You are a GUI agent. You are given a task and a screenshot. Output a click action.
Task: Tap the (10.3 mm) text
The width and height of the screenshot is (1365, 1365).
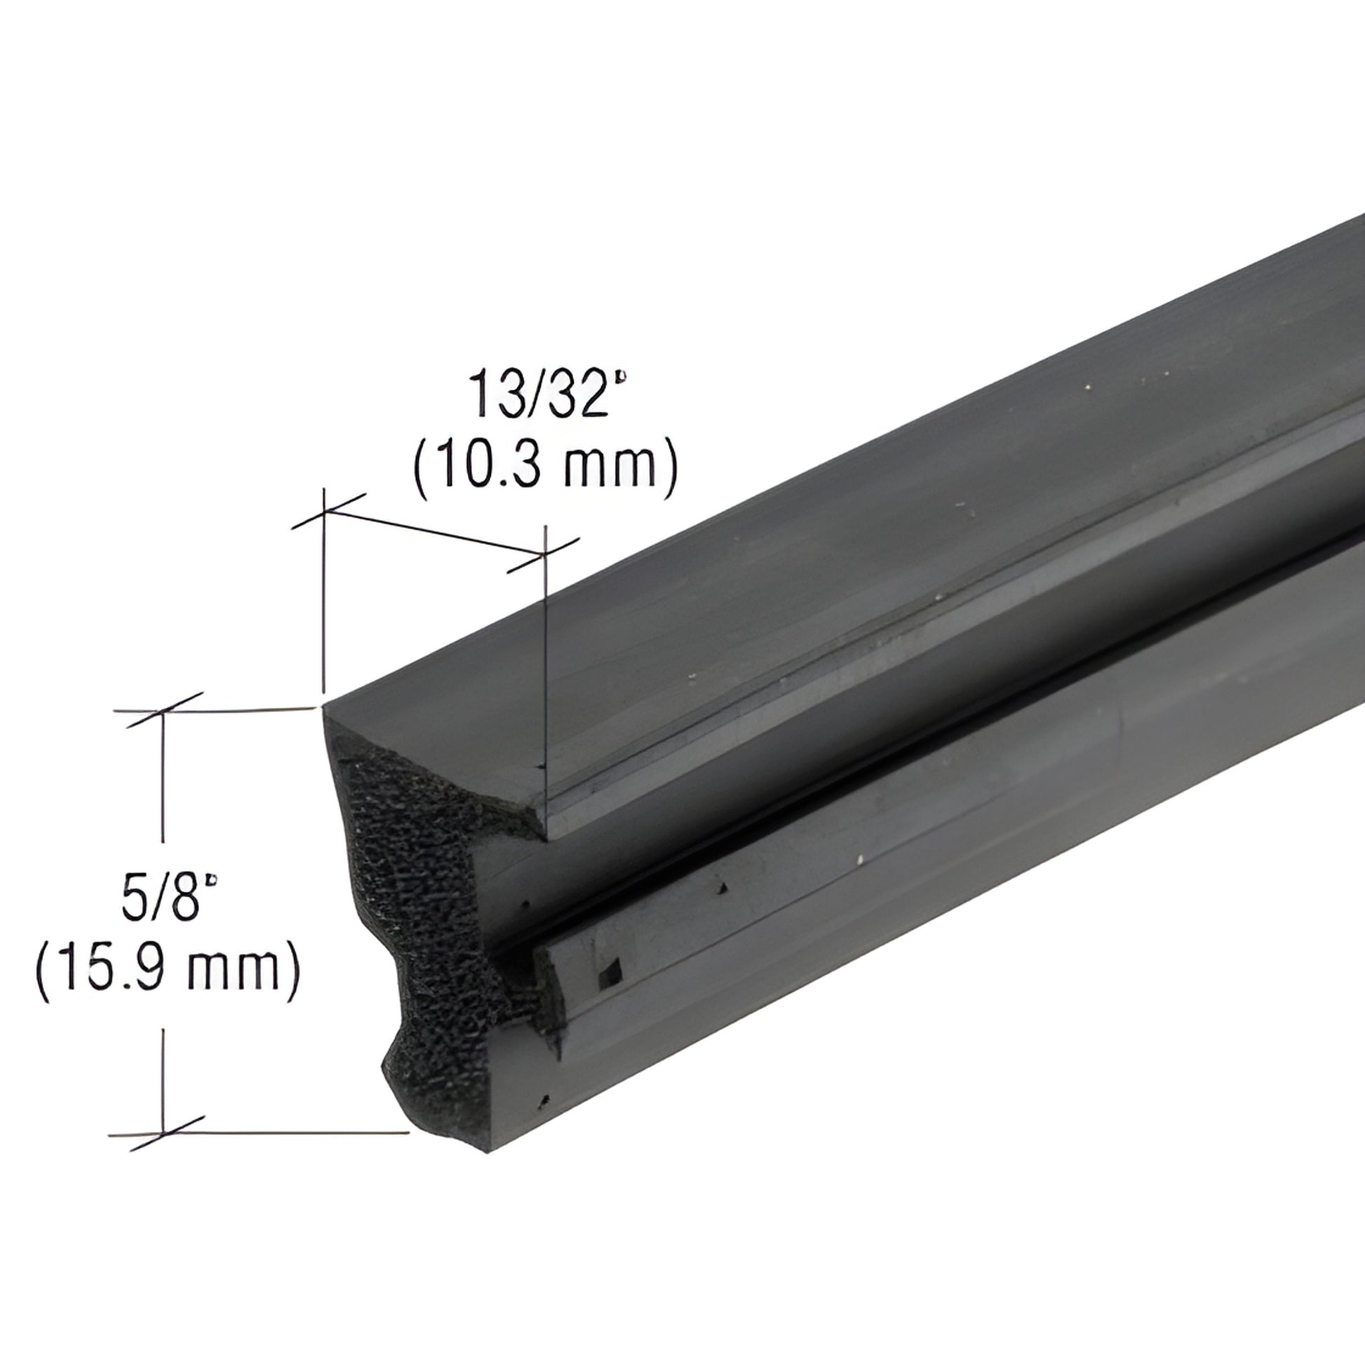pos(546,465)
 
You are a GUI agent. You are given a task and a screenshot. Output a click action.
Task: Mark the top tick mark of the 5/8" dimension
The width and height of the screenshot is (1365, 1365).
pos(164,710)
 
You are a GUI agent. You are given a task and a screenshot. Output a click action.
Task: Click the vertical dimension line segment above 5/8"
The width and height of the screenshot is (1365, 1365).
pos(164,777)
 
